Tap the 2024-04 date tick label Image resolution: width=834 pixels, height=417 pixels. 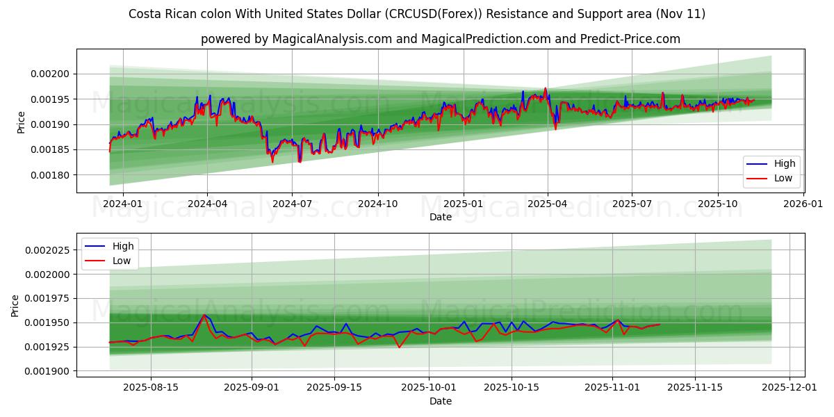click(207, 204)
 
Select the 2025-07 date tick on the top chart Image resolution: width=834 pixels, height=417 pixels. click(631, 204)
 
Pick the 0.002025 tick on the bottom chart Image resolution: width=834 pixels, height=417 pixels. click(49, 250)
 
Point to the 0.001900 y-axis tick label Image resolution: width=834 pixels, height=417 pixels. click(49, 371)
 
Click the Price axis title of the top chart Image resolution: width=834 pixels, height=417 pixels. click(21, 123)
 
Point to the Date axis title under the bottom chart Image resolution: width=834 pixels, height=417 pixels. click(441, 401)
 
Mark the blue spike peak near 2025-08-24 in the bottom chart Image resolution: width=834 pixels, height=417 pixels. click(204, 315)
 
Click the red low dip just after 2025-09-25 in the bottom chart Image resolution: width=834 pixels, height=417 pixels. click(399, 347)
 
